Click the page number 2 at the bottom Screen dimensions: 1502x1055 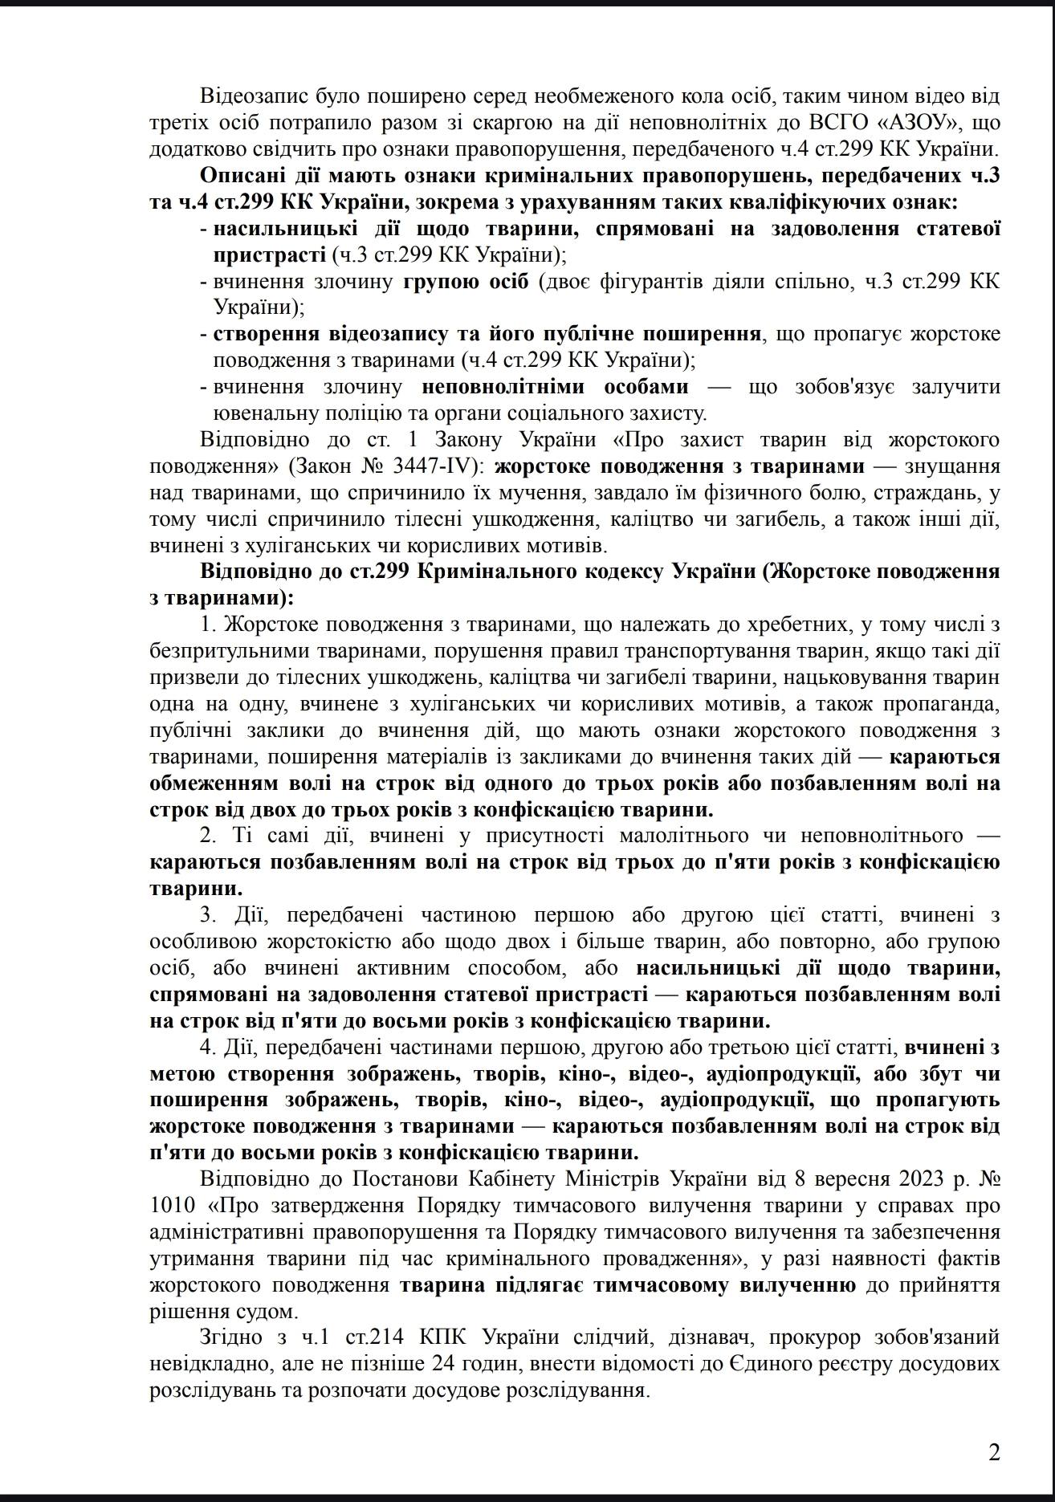pyautogui.click(x=994, y=1452)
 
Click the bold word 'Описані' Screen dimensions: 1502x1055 pyautogui.click(x=238, y=176)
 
